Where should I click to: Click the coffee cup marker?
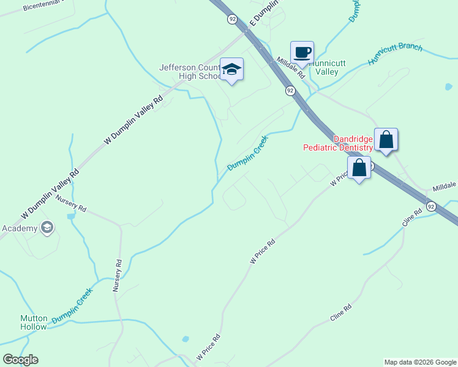[302, 52]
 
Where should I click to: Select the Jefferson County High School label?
[190, 72]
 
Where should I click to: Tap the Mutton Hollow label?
[33, 322]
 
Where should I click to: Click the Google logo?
[20, 360]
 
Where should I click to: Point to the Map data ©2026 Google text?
[420, 362]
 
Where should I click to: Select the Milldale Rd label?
[291, 67]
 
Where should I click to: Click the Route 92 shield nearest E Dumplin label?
[232, 20]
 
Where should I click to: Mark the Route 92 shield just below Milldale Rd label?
[290, 91]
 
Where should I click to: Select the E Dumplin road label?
[264, 12]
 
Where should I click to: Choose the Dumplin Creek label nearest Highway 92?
[248, 154]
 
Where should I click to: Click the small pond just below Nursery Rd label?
[72, 216]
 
